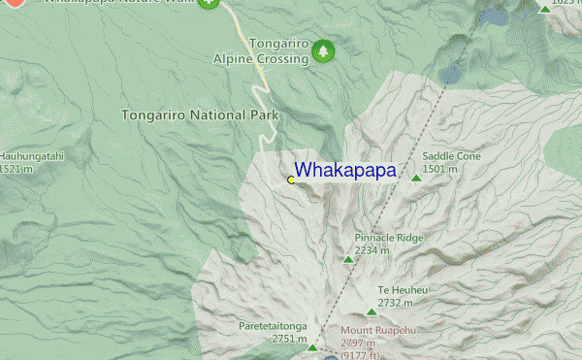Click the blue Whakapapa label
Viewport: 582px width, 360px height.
[x=345, y=171]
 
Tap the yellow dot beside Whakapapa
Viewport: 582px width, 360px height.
[x=291, y=180]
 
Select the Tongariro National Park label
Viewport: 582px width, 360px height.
[x=200, y=115]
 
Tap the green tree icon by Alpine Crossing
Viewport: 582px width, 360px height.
[x=323, y=50]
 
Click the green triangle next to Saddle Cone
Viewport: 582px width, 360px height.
[x=416, y=177]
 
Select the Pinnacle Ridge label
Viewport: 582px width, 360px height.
[x=389, y=237]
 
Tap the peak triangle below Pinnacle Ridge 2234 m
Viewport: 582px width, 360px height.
[x=349, y=259]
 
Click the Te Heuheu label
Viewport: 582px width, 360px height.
[x=397, y=290]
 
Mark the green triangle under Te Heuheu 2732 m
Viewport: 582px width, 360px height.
[x=372, y=311]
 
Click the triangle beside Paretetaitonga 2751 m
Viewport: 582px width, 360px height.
[x=312, y=346]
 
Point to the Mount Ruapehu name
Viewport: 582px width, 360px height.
[x=380, y=330]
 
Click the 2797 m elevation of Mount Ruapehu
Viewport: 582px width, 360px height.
[x=357, y=343]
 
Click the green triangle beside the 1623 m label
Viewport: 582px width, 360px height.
[x=545, y=9]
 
